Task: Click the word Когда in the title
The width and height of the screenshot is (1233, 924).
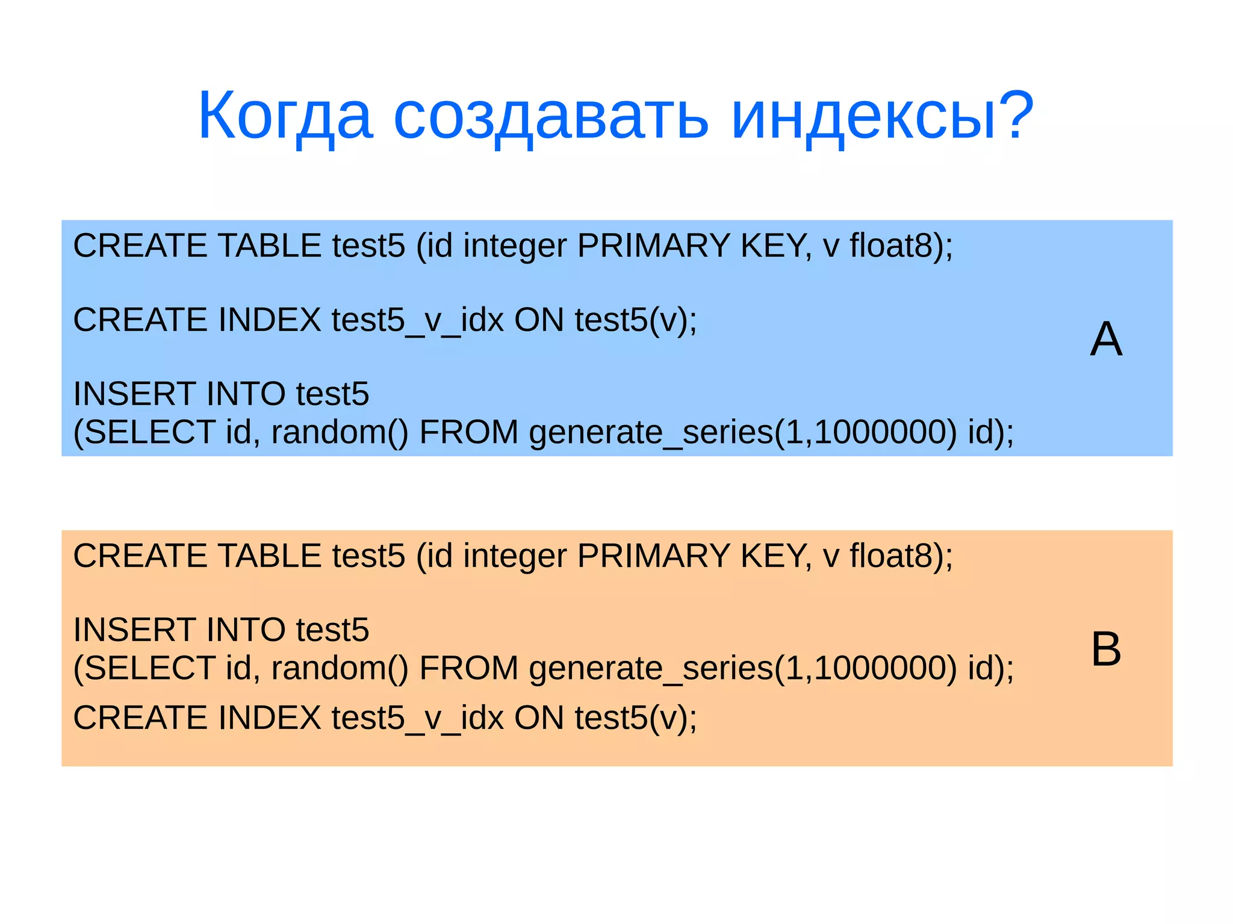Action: [x=285, y=116]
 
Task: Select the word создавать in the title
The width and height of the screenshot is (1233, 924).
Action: [x=551, y=116]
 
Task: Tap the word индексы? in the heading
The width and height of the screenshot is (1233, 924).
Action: [x=882, y=116]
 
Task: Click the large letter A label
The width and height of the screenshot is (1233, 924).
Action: [x=1106, y=340]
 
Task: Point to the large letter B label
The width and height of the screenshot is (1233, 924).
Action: [x=1106, y=650]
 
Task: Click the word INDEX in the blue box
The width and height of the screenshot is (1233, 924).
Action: [x=269, y=320]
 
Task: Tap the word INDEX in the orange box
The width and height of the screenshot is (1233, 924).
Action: [x=269, y=718]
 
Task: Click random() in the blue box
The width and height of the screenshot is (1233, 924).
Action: [x=340, y=432]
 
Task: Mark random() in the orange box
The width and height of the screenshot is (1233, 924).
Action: [x=340, y=668]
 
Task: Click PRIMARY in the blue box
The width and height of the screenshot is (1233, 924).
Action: [x=653, y=246]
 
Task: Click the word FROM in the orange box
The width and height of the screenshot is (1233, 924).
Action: [x=468, y=668]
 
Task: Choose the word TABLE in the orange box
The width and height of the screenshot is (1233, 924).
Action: [x=269, y=556]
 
